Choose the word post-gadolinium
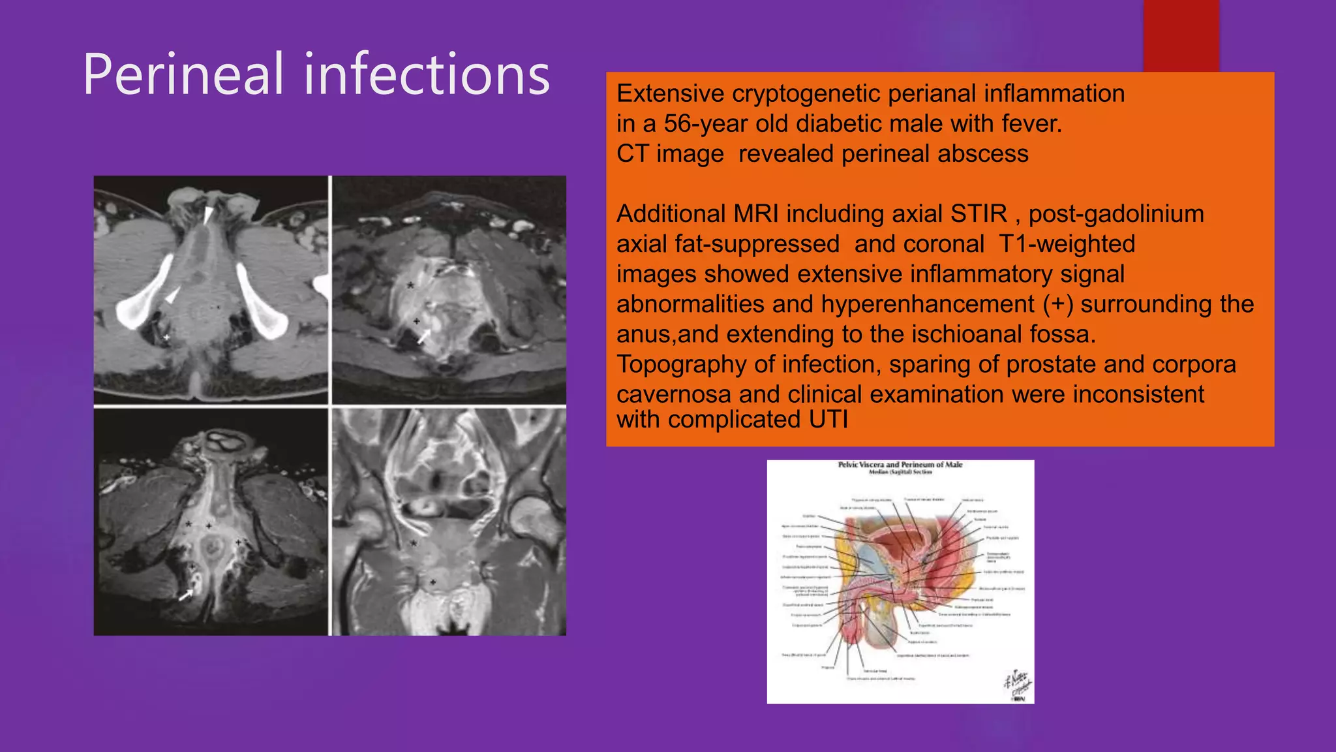[x=1116, y=214]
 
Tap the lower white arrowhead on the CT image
[x=172, y=296]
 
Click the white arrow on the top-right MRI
[x=424, y=336]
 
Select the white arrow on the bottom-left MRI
[x=186, y=595]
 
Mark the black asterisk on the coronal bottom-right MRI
[x=414, y=543]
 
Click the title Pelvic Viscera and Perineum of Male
[x=900, y=465]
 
